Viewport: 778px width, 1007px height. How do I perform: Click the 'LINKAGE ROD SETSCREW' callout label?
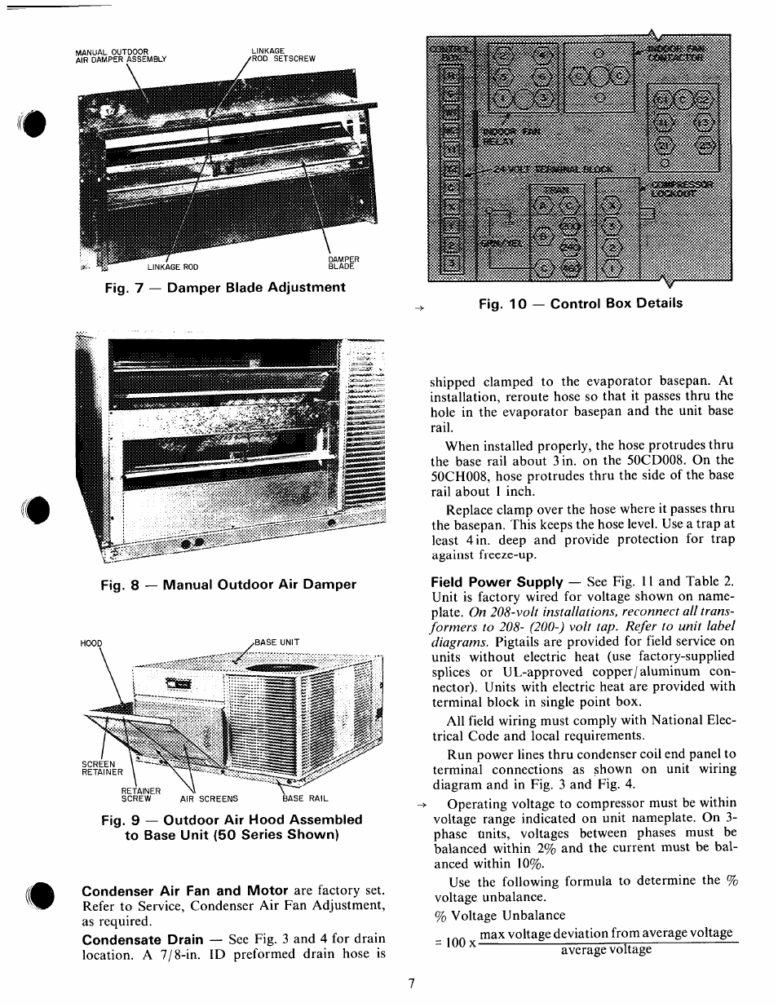click(283, 55)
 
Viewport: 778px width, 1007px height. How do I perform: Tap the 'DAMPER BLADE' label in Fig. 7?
click(343, 263)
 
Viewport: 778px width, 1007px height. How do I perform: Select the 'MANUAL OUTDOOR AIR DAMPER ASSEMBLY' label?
click(120, 55)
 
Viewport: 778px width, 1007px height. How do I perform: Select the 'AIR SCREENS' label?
click(209, 799)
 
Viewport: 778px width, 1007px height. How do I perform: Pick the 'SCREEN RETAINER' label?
click(102, 768)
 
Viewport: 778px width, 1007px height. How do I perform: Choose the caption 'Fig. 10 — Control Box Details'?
click(580, 303)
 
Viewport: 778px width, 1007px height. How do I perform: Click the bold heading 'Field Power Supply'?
click(496, 581)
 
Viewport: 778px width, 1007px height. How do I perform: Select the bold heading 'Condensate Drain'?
click(142, 939)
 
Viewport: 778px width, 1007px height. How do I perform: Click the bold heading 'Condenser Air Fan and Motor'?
click(184, 890)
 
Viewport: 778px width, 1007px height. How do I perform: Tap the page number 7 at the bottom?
click(412, 983)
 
